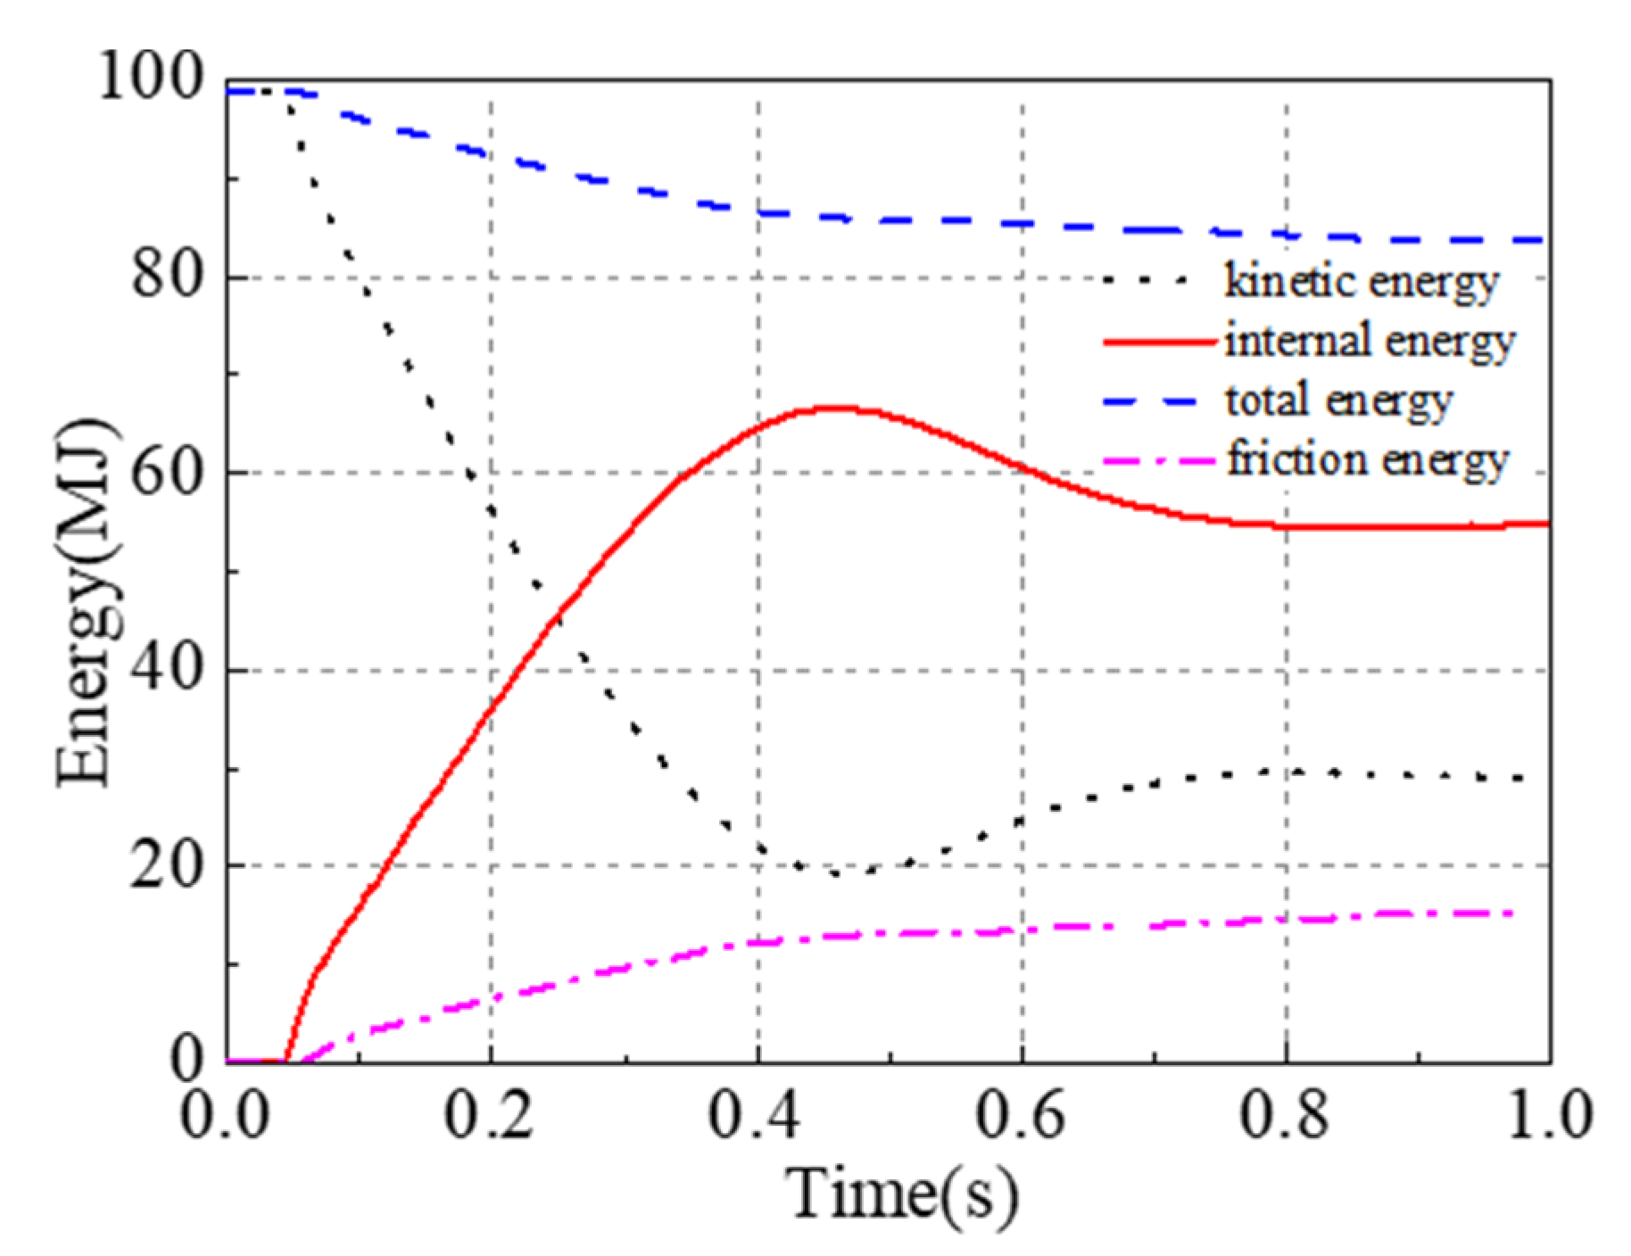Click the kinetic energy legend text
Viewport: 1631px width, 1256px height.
[1362, 283]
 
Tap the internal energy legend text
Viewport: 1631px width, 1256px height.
[1370, 342]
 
